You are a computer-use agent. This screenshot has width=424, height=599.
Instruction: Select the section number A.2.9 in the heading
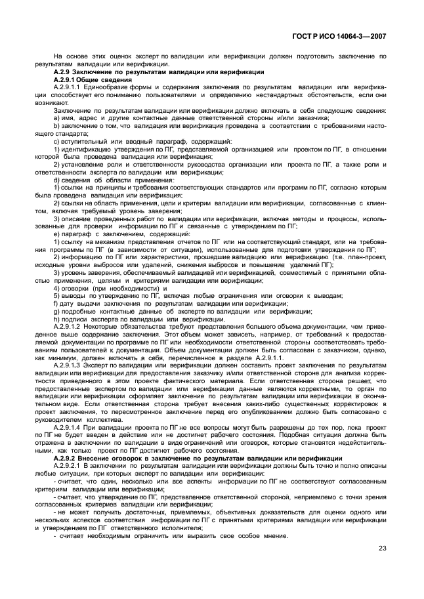63,72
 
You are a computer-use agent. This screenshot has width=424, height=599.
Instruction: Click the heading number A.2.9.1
66,79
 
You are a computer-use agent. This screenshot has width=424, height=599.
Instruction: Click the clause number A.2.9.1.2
70,326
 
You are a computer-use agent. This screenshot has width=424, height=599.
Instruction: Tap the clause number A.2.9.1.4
70,428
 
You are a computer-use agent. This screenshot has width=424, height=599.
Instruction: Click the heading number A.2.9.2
66,458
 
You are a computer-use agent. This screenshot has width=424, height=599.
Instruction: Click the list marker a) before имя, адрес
56,117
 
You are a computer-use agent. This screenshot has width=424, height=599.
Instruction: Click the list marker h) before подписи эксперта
56,319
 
